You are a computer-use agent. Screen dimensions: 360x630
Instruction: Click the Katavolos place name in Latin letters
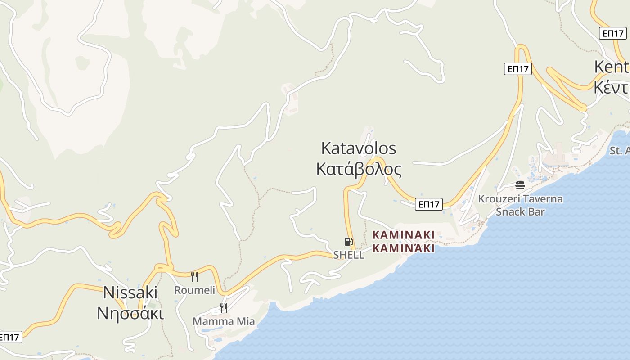(x=359, y=148)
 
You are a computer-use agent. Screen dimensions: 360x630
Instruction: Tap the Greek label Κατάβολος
(x=359, y=170)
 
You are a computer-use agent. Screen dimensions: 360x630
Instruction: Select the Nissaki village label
(x=130, y=293)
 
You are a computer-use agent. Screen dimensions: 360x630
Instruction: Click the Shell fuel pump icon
(x=348, y=242)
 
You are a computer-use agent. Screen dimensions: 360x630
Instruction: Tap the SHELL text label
(x=349, y=255)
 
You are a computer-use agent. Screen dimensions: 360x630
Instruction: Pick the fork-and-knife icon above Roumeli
(x=194, y=276)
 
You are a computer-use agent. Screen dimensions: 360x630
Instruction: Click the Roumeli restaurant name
(x=195, y=290)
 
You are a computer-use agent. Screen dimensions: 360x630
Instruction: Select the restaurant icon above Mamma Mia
(x=223, y=308)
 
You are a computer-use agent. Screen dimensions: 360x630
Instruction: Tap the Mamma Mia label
(x=224, y=321)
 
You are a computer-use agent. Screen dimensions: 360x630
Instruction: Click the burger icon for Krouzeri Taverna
(x=520, y=185)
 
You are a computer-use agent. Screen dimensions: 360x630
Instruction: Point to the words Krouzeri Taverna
(x=520, y=199)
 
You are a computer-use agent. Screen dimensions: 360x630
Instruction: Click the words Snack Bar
(x=520, y=211)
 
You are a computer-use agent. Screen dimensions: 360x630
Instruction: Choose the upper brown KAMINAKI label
(x=404, y=235)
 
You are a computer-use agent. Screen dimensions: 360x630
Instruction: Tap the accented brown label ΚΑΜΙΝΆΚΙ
(x=404, y=248)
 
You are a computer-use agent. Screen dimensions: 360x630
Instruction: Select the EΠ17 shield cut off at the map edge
(x=10, y=337)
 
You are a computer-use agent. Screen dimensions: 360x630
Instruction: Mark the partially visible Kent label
(x=612, y=67)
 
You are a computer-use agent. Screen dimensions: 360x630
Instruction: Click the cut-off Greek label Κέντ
(x=612, y=87)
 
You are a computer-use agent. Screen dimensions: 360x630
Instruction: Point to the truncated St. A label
(x=620, y=151)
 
